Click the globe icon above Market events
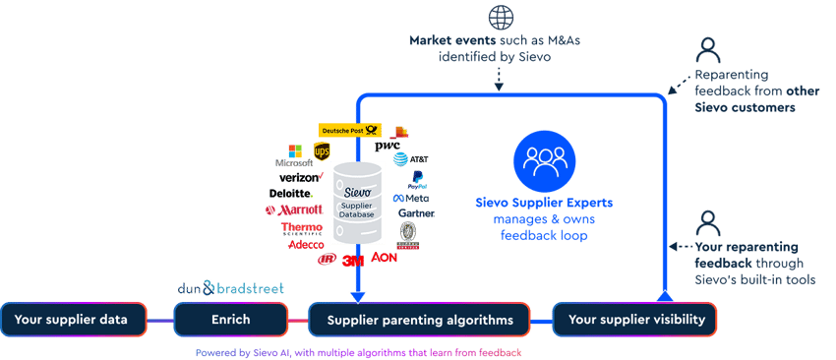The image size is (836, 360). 499,17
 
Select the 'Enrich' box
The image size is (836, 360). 229,320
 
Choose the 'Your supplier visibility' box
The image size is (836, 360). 634,320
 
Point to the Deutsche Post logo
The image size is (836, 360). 349,130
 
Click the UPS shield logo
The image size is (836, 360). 322,150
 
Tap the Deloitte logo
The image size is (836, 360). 288,194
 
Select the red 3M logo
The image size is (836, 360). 351,261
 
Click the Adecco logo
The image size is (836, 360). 305,245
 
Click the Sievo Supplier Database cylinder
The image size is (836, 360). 357,203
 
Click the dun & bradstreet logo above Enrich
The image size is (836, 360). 230,289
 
